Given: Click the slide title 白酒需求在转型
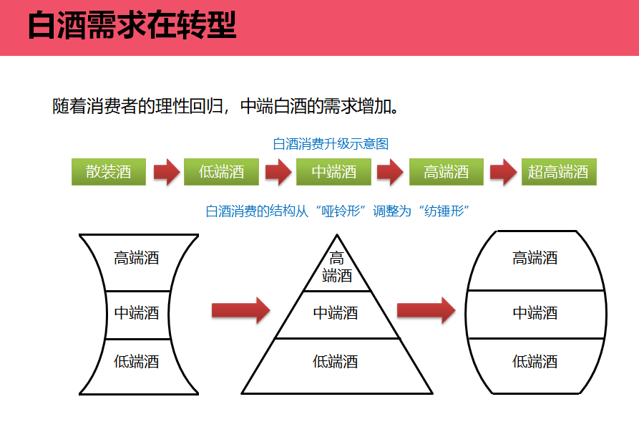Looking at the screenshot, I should pyautogui.click(x=132, y=27).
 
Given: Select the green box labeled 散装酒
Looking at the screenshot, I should pyautogui.click(x=109, y=172).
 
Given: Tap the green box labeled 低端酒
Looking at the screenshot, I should pyautogui.click(x=221, y=172).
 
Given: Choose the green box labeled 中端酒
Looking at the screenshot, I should pyautogui.click(x=334, y=172).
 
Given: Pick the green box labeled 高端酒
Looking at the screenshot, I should pyautogui.click(x=447, y=172).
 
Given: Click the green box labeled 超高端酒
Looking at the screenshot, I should pyautogui.click(x=558, y=172).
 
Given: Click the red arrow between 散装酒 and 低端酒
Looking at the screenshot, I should pyautogui.click(x=167, y=172).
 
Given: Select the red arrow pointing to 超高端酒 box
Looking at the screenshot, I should pyautogui.click(x=503, y=172).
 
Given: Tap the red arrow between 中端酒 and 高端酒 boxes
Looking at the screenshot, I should pyautogui.click(x=390, y=172).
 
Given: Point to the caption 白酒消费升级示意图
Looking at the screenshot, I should pyautogui.click(x=331, y=144).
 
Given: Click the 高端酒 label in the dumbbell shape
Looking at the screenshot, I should pyautogui.click(x=137, y=259).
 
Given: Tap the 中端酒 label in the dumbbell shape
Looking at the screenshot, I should pyautogui.click(x=137, y=313).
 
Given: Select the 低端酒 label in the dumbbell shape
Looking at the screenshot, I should pyautogui.click(x=137, y=362).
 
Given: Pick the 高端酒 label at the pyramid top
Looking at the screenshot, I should pyautogui.click(x=337, y=267).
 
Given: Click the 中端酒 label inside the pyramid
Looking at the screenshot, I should pyautogui.click(x=336, y=313).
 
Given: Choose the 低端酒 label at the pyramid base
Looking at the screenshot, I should pyautogui.click(x=336, y=362).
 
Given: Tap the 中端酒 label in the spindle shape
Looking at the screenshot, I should pyautogui.click(x=535, y=313).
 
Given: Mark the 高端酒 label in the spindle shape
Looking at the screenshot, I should pyautogui.click(x=535, y=259).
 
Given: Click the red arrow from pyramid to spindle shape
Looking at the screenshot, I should pyautogui.click(x=426, y=310).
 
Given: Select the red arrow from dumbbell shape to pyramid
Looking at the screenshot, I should pyautogui.click(x=240, y=310).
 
